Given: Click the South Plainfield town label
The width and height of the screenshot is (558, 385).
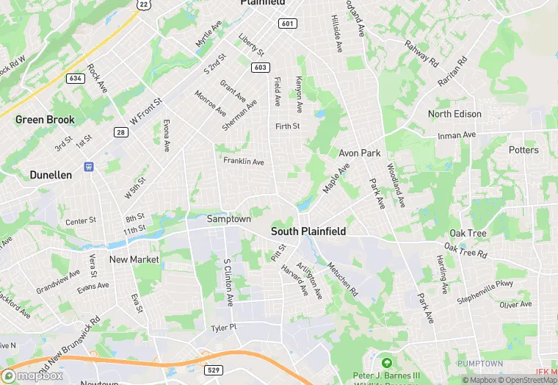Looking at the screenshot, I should [x=308, y=231].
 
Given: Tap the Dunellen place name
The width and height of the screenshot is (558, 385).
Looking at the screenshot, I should [x=51, y=175].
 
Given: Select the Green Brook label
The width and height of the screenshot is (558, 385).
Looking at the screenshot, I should [x=45, y=120].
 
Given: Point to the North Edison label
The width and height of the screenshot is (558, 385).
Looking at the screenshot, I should [x=454, y=114].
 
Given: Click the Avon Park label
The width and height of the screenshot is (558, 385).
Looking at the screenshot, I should [x=359, y=153].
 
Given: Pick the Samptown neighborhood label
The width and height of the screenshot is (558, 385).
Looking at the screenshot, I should [x=228, y=219].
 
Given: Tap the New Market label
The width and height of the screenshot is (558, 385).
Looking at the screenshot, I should [x=134, y=259].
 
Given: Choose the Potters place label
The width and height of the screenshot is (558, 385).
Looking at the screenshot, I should [x=523, y=150].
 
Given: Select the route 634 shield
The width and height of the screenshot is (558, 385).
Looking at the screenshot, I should [x=75, y=78].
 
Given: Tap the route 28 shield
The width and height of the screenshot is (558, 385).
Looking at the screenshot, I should [x=120, y=132].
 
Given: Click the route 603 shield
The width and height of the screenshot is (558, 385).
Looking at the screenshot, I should [x=260, y=68].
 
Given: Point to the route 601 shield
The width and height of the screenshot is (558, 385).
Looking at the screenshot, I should [x=287, y=24].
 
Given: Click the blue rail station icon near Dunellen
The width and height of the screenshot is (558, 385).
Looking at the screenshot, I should [x=88, y=168].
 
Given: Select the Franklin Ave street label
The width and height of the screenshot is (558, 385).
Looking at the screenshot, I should [x=244, y=161].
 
